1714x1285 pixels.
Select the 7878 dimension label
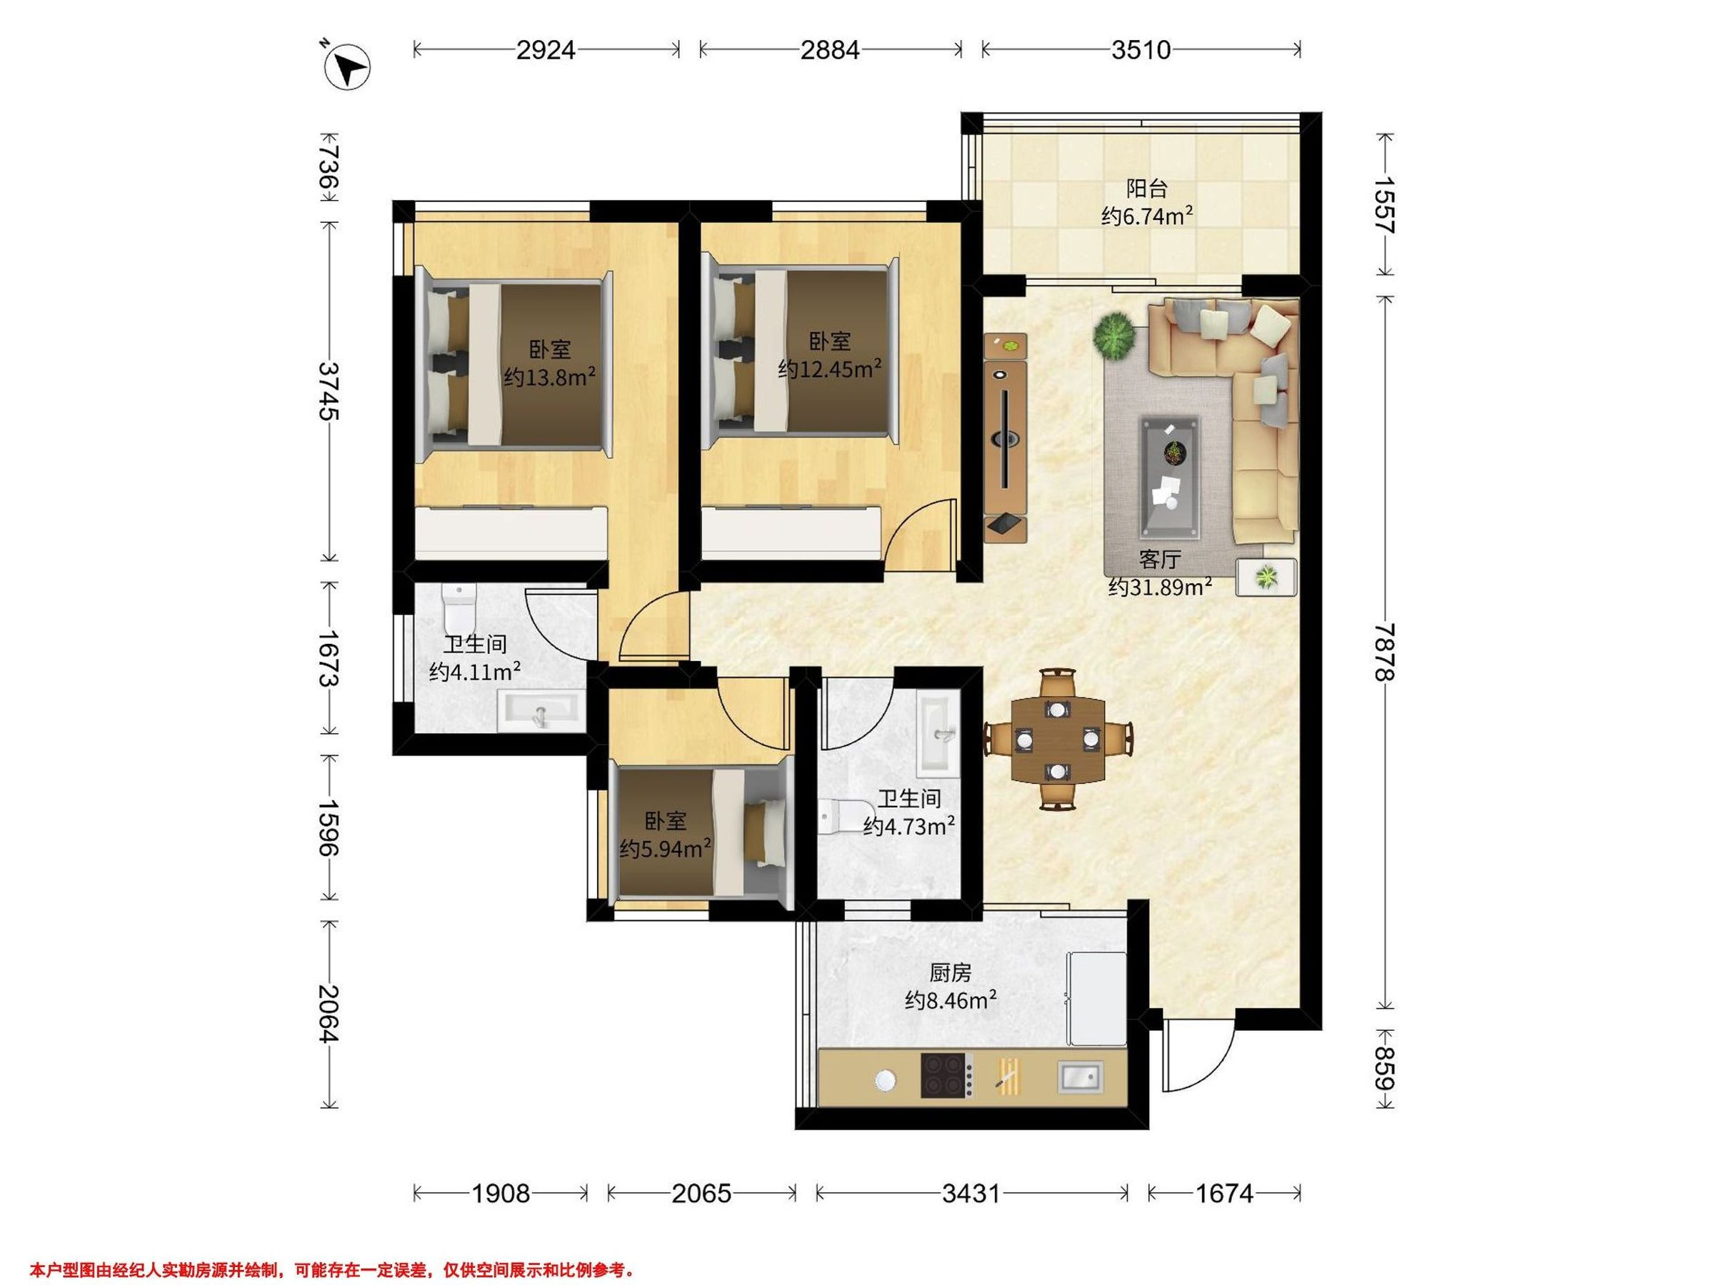pos(1385,652)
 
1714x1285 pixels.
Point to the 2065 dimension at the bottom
pos(701,1194)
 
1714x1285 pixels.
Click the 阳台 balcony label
pos(1147,189)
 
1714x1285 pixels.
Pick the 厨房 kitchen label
pos(950,973)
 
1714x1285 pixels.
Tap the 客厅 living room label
pos(1160,559)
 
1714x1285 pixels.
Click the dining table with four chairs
pos(1058,740)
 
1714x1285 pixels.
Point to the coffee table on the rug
pos(1169,477)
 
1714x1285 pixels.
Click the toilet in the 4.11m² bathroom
pos(458,608)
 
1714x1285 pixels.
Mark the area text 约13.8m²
pos(549,377)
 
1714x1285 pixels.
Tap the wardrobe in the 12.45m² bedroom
pos(791,531)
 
